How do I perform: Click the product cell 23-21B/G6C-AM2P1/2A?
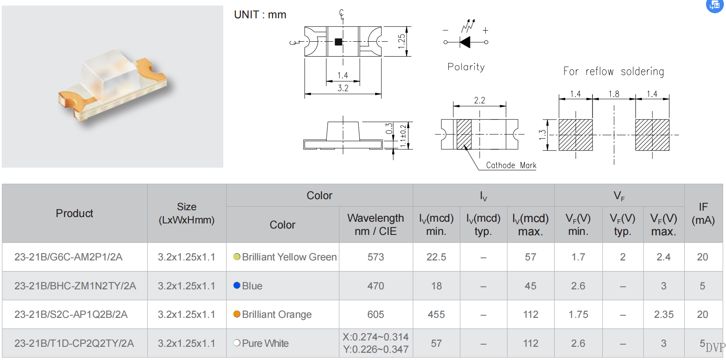[x=68, y=257]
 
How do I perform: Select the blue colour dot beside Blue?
[x=237, y=286]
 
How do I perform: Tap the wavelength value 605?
[x=376, y=314]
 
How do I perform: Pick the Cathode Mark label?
[x=511, y=165]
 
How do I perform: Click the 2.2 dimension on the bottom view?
[x=479, y=100]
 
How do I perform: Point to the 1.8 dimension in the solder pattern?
[x=614, y=94]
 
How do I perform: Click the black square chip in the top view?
[x=339, y=42]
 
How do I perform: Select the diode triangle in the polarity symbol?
[x=465, y=42]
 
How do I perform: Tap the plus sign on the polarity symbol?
[x=485, y=31]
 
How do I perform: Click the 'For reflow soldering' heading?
[x=614, y=71]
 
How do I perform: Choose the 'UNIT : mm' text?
[x=260, y=14]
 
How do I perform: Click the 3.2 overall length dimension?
[x=343, y=88]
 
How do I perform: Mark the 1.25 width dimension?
[x=401, y=41]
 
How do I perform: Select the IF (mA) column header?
[x=703, y=214]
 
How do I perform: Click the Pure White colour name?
[x=265, y=343]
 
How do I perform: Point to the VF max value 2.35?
[x=663, y=314]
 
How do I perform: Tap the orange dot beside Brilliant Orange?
[x=237, y=314]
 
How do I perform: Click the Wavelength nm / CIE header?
[x=376, y=224]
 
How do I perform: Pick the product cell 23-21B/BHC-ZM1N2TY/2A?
[x=75, y=286]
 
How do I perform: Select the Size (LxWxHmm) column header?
[x=187, y=214]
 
